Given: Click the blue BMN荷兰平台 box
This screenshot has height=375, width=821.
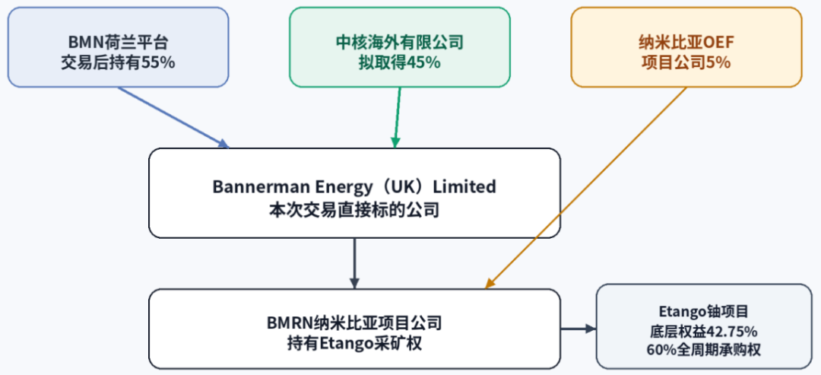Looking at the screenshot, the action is click(119, 47).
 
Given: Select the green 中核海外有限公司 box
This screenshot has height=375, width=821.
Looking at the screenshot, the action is click(400, 47).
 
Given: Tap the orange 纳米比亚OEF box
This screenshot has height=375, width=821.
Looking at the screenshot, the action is click(686, 47).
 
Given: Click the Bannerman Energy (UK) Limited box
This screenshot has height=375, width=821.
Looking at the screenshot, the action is click(354, 193).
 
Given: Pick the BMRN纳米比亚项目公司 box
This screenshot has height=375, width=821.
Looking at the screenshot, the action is click(354, 329).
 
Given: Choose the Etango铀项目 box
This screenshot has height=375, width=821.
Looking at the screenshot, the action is click(704, 326).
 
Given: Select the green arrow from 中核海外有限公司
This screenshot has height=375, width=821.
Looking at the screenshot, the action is click(398, 118).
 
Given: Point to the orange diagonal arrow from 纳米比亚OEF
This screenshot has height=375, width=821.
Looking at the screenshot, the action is click(585, 188).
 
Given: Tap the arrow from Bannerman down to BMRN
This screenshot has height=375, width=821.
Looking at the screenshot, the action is click(354, 263).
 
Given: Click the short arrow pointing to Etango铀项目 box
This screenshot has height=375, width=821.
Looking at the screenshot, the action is click(579, 329).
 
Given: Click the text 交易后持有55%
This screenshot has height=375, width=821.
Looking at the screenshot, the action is click(119, 62).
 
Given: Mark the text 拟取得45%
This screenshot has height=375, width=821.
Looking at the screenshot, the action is click(400, 62).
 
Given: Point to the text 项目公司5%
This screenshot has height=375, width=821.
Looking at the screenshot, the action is click(686, 62).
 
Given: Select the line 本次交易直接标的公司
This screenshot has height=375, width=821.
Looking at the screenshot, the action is click(354, 210).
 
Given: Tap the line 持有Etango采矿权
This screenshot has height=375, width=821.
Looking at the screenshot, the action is click(354, 345).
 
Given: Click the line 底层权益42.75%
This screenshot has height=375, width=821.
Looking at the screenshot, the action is click(704, 332).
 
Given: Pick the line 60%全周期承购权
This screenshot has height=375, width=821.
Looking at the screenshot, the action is click(704, 349).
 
